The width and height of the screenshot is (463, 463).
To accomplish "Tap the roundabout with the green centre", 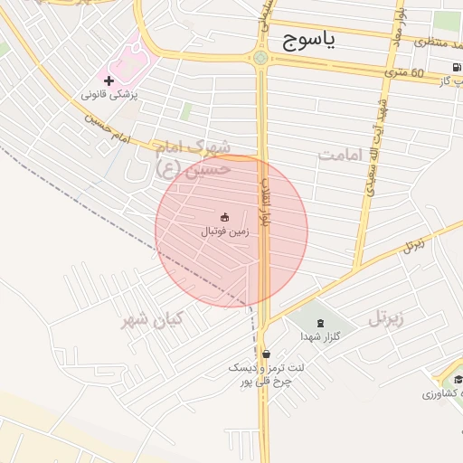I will coord(260,59).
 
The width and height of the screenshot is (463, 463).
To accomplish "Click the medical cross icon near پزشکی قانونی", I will coord(109,81).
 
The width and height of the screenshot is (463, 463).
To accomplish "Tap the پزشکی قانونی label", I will coord(109,94).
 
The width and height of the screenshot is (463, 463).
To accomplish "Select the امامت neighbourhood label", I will coord(340,155).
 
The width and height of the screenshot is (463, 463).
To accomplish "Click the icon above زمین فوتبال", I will coord(224,216).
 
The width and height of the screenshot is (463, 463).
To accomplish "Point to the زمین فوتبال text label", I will coord(224,231).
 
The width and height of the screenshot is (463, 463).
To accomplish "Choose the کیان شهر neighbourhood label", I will coord(154,319).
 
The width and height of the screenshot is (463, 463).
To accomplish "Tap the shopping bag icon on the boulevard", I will coord(265,354).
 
